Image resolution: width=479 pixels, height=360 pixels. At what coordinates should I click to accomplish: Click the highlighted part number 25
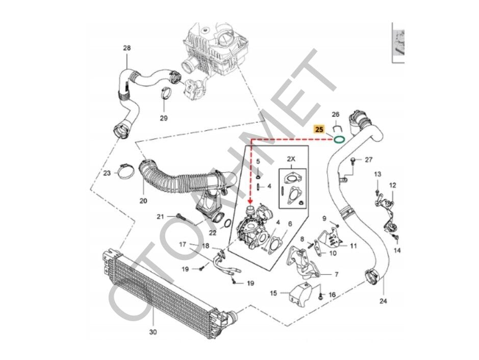tap(319, 130)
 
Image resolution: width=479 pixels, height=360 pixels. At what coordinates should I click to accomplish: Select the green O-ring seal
tap(338, 139)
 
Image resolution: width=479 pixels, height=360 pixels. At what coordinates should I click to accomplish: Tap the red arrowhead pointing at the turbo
tap(250, 202)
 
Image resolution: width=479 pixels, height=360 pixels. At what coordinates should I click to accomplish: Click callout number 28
tap(127, 48)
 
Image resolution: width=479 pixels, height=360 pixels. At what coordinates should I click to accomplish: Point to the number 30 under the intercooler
tap(153, 332)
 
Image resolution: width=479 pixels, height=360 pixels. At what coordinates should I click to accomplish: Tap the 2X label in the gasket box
tap(292, 159)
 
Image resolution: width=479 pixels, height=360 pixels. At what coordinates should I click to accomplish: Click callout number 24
tap(384, 301)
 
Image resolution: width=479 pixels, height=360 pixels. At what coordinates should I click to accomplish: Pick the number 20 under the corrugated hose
tap(143, 200)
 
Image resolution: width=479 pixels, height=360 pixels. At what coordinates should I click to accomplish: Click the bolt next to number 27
tap(354, 161)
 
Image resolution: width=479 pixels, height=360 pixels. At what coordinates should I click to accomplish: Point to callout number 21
tap(160, 217)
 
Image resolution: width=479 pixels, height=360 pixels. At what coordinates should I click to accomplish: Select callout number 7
tap(336, 274)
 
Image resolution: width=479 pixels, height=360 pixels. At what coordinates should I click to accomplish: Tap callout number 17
tap(183, 245)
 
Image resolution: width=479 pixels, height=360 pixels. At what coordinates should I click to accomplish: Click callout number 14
tap(398, 250)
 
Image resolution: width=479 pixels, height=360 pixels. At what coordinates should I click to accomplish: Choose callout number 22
tap(212, 233)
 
